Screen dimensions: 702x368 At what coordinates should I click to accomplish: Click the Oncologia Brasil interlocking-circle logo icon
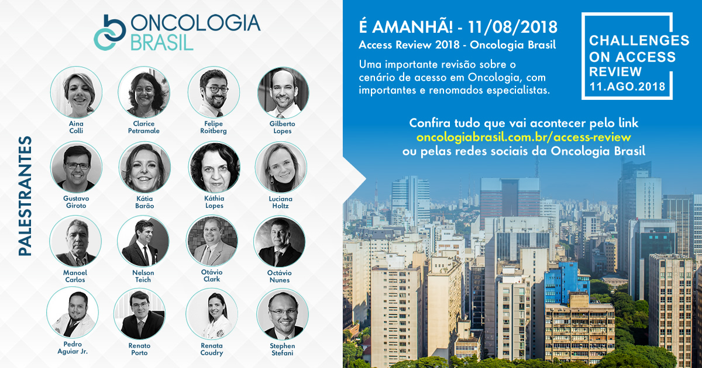pyautogui.click(x=110, y=32)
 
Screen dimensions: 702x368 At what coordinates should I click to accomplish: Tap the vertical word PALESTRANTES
pyautogui.click(x=25, y=196)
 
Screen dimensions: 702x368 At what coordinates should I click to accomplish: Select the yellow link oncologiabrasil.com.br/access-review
pyautogui.click(x=524, y=137)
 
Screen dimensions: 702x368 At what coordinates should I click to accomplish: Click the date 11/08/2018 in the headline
pyautogui.click(x=512, y=27)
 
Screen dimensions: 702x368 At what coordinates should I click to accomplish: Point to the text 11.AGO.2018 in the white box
pyautogui.click(x=627, y=86)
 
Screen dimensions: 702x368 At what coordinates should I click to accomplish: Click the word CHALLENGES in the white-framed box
pyautogui.click(x=639, y=40)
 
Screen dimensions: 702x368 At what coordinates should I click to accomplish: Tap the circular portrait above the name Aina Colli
pyautogui.click(x=76, y=92)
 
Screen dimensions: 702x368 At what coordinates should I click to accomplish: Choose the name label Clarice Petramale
pyautogui.click(x=144, y=127)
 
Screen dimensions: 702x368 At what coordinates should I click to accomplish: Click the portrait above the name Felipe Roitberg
pyautogui.click(x=214, y=92)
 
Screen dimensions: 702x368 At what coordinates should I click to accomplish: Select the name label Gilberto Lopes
pyautogui.click(x=283, y=127)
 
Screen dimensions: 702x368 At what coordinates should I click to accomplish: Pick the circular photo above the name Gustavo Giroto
pyautogui.click(x=76, y=167)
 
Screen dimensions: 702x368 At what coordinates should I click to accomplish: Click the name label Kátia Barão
pyautogui.click(x=145, y=202)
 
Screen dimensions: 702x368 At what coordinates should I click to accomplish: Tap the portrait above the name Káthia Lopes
pyautogui.click(x=214, y=167)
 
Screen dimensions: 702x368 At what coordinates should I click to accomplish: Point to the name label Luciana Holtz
pyautogui.click(x=280, y=202)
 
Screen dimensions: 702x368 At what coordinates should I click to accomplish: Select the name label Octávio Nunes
pyautogui.click(x=280, y=276)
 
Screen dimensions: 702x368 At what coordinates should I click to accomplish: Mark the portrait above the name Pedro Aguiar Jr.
pyautogui.click(x=73, y=313)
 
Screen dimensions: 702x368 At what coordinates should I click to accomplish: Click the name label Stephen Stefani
pyautogui.click(x=283, y=349)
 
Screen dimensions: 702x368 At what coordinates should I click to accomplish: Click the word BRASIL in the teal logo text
pyautogui.click(x=162, y=42)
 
